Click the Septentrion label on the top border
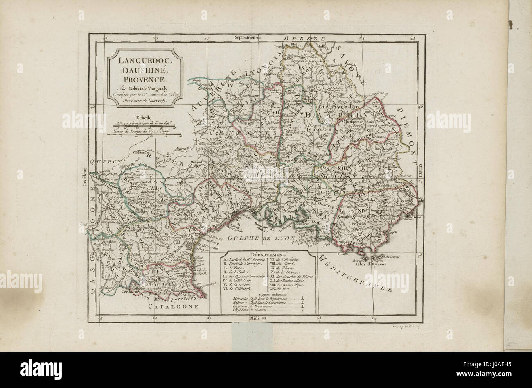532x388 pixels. [x=245, y=37]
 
